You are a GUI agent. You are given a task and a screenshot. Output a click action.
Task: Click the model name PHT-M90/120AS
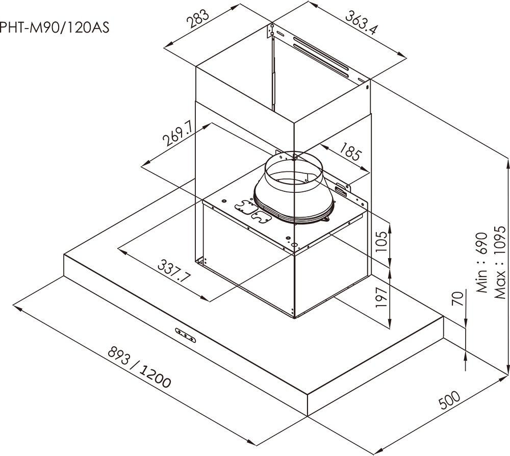point(54,27)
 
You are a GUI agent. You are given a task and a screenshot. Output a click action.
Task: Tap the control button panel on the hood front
point(185,334)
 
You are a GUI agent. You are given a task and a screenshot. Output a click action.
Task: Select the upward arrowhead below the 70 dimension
point(466,357)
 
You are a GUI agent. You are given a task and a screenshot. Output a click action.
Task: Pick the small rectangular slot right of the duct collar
point(340,191)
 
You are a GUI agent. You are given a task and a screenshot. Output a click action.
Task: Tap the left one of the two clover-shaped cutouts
point(244,206)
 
